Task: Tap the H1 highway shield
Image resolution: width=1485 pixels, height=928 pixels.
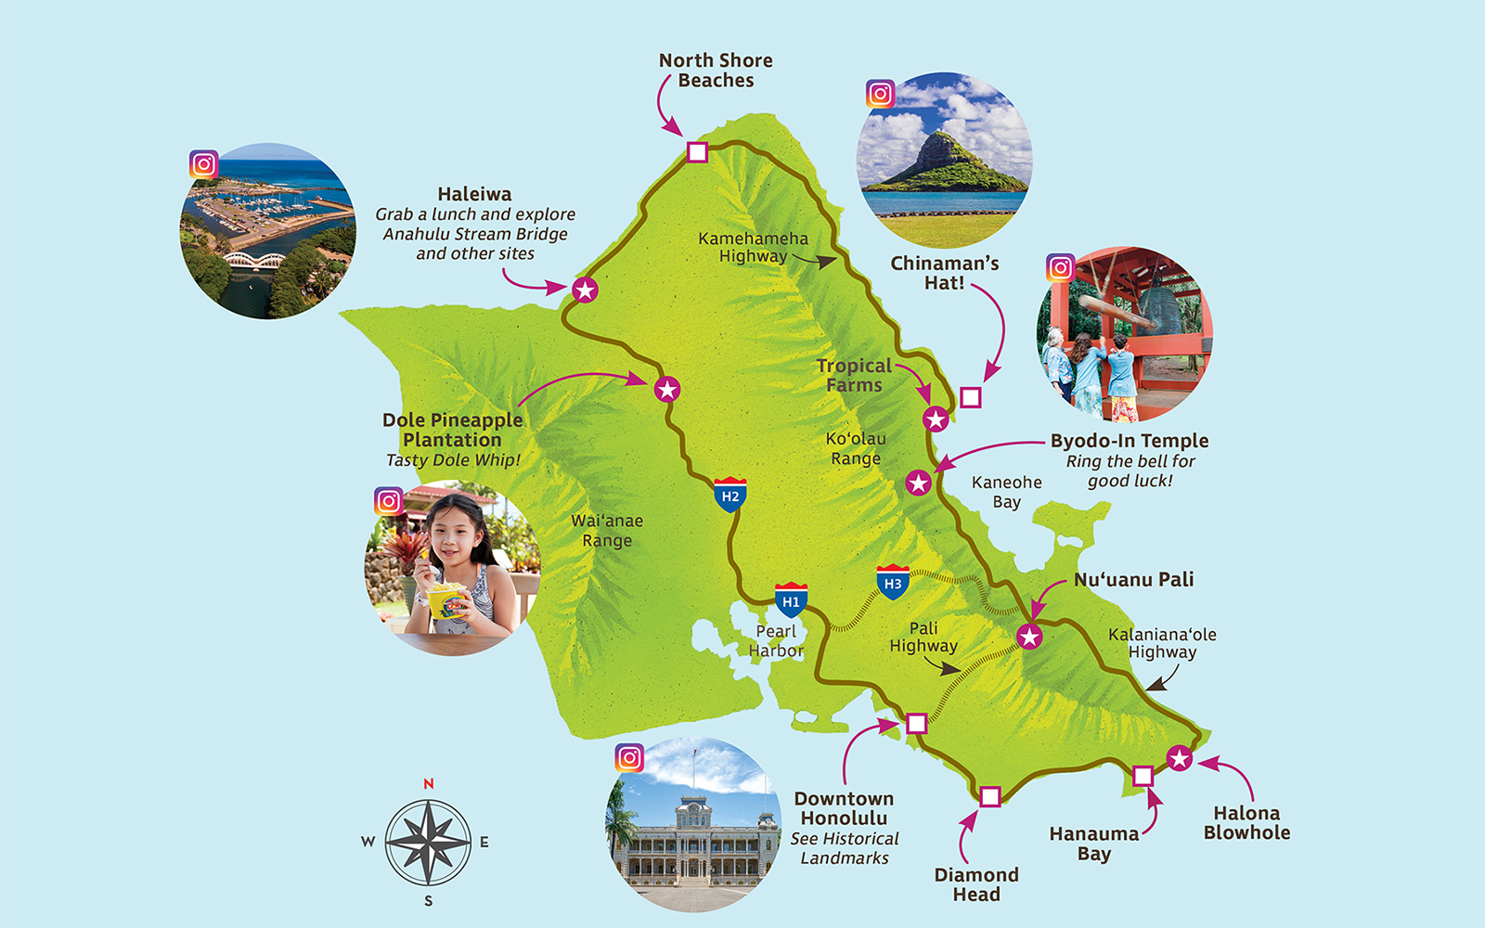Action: [x=791, y=600]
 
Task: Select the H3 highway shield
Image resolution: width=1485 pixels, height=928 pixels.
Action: [x=892, y=582]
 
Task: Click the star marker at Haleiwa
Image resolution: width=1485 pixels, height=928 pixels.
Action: [x=585, y=290]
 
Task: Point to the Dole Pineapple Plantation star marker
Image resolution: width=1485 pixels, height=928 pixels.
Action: [x=667, y=389]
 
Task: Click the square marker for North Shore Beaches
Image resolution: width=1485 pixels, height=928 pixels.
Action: [x=697, y=152]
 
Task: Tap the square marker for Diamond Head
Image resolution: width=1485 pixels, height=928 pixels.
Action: [x=990, y=796]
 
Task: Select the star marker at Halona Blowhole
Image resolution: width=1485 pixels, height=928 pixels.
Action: [x=1179, y=758]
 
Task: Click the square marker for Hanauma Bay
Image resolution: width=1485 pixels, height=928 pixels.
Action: [x=1143, y=776]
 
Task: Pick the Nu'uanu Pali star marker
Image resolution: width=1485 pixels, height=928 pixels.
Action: [x=1029, y=637]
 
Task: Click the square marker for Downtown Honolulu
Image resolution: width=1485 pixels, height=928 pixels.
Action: [x=916, y=723]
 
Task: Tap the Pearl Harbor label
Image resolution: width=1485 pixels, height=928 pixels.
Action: [x=776, y=640]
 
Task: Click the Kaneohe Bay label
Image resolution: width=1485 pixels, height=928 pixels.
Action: [x=1006, y=492]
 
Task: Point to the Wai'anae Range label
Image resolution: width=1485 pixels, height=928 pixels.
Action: [x=607, y=530]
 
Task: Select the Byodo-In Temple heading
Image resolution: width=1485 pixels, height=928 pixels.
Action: [x=1130, y=441]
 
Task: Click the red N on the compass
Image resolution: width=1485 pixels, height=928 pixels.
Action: [x=429, y=784]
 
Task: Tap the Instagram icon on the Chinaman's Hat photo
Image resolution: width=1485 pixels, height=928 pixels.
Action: [x=880, y=94]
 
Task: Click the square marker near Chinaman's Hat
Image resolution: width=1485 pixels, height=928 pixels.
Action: [x=971, y=397]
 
